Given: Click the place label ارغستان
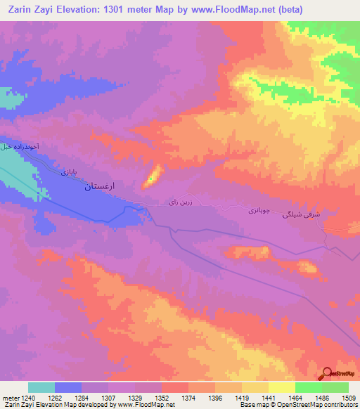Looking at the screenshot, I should tap(100, 187).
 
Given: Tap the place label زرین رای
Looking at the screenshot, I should tap(179, 202).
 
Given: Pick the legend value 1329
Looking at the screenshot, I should tap(135, 397).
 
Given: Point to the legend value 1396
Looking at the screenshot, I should tap(215, 397).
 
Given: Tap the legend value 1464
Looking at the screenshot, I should tap(295, 397).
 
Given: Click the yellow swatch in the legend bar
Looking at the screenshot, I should tap(281, 387).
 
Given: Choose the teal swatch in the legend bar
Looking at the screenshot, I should tap(41, 387).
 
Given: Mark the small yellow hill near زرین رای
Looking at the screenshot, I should tap(152, 176).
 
